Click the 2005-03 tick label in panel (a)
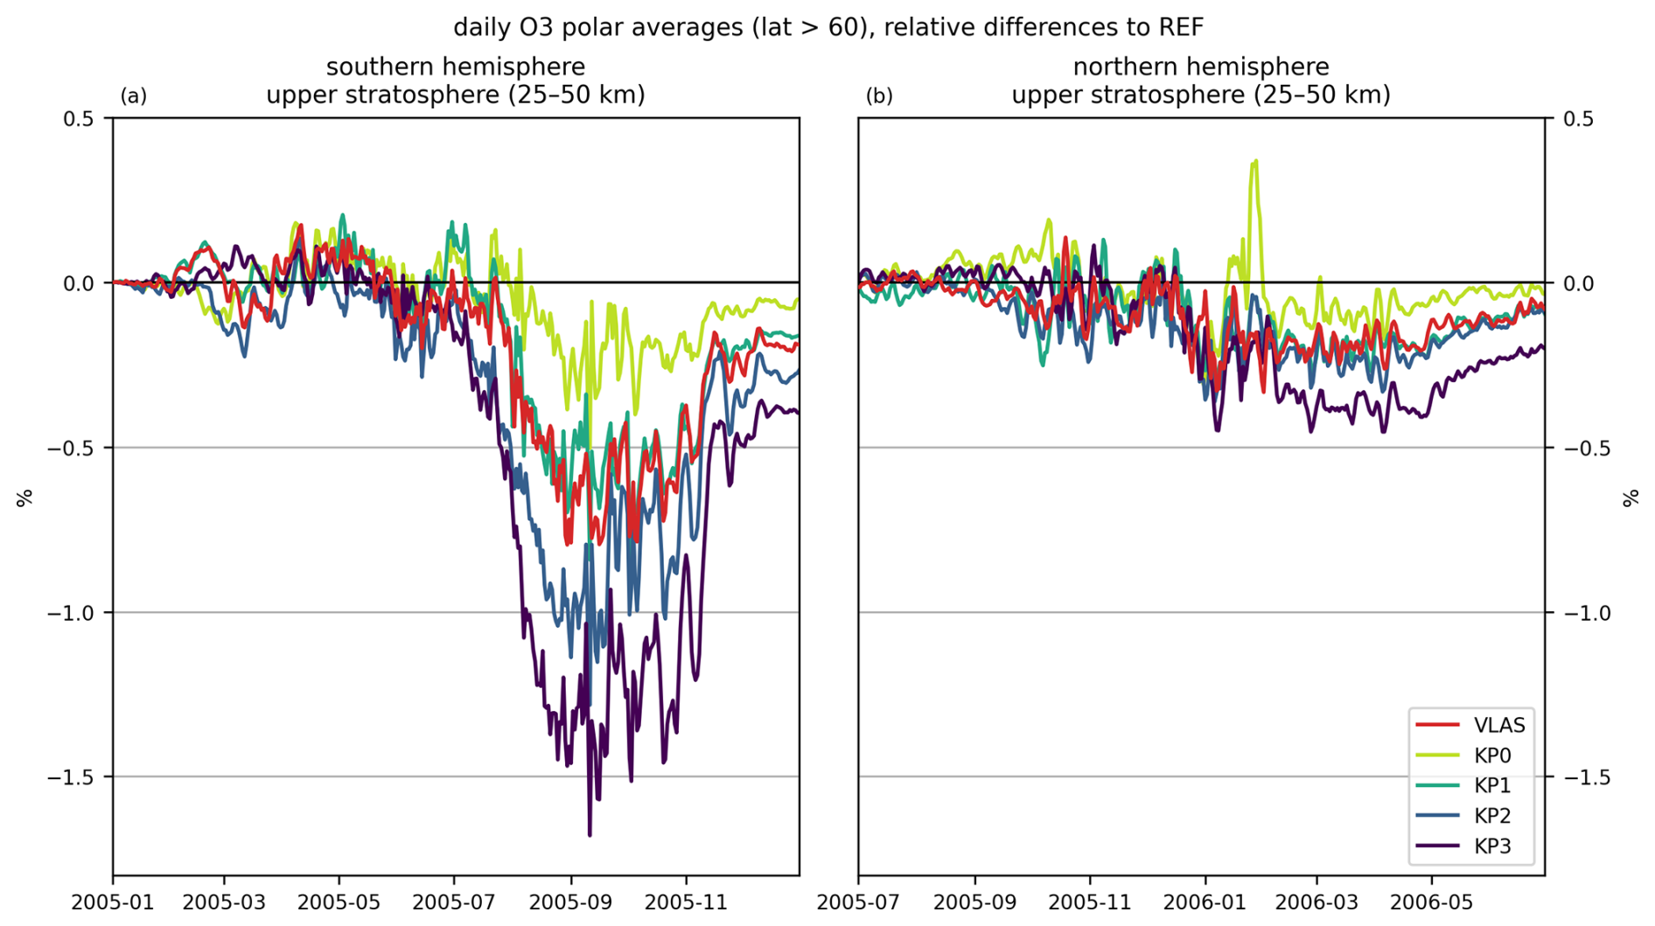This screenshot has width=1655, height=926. coord(224,902)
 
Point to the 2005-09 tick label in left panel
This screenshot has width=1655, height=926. coord(571,902)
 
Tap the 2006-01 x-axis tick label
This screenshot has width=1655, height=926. coord(1205,902)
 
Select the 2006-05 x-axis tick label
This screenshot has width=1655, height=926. coord(1432,902)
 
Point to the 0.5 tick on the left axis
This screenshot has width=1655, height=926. coord(78,119)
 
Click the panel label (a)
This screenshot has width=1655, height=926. coord(133,96)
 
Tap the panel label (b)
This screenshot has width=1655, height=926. coord(879,96)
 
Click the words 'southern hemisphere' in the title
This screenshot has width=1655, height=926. coord(456,67)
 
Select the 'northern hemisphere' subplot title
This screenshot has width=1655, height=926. coord(1200,67)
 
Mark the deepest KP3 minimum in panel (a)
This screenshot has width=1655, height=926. coord(590,835)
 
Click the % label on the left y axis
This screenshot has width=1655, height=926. coord(24,498)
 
